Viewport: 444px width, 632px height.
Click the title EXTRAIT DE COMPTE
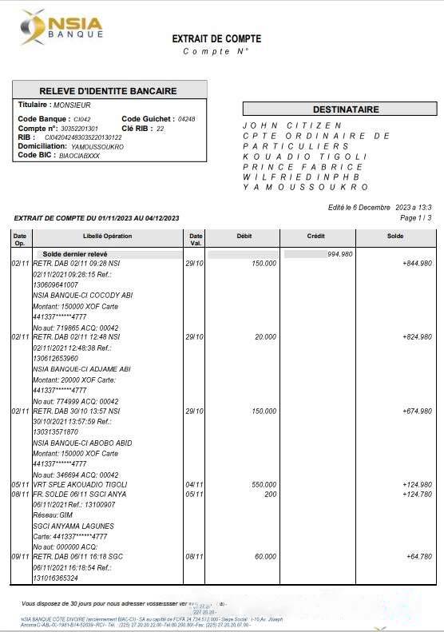tap(216, 38)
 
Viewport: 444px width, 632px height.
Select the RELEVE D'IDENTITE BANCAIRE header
tap(109, 90)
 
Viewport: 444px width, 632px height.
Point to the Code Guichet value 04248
tap(186, 119)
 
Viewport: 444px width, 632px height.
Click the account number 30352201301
tap(80, 128)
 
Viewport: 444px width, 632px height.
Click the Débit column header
tap(244, 236)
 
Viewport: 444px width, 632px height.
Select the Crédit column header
tap(315, 236)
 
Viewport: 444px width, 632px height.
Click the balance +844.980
tap(417, 263)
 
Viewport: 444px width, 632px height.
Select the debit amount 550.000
tap(264, 484)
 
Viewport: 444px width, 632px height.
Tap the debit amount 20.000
tap(265, 337)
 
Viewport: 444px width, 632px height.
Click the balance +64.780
tap(418, 555)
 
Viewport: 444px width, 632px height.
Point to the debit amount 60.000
tap(265, 555)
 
